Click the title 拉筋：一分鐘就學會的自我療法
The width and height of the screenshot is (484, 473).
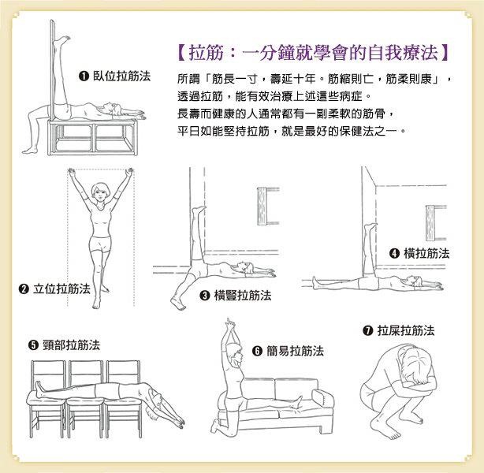coord(312,54)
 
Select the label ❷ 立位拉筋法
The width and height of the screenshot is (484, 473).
coord(54,289)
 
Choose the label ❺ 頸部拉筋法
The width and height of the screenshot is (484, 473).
coord(64,345)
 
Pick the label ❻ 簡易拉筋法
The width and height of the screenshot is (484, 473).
coord(288,351)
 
